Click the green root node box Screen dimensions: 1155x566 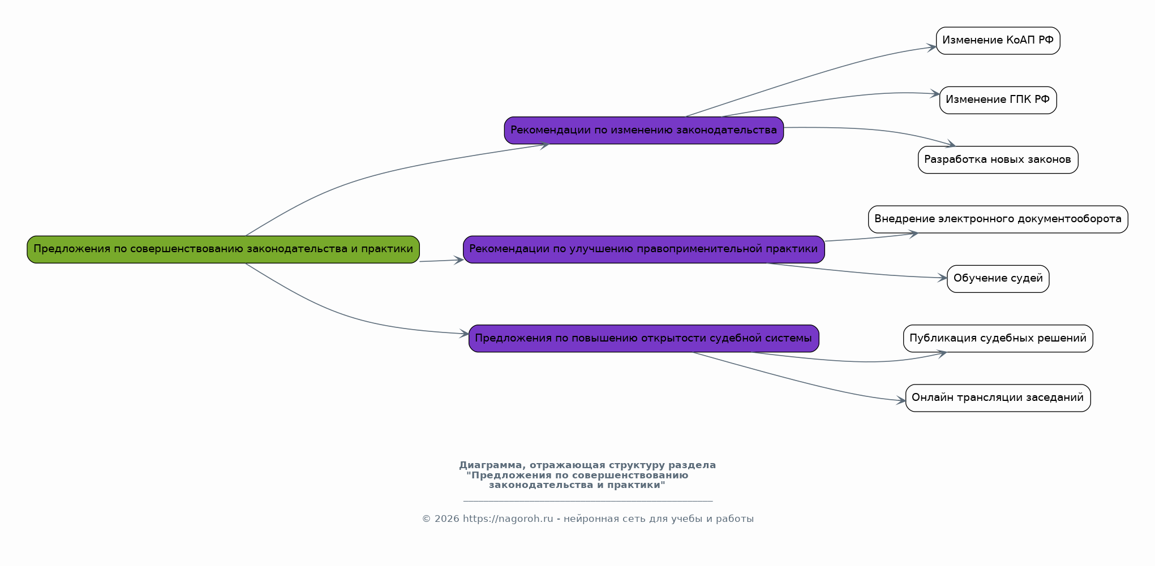point(223,249)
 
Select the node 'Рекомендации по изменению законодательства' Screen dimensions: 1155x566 point(644,131)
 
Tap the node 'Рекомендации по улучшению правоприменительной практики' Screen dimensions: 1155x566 point(644,249)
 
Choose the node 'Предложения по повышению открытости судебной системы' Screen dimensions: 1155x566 point(644,339)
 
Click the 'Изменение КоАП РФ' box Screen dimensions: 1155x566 point(998,41)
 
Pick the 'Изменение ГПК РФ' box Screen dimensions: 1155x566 point(998,100)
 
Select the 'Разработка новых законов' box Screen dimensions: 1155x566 point(998,160)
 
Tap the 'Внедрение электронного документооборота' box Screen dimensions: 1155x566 point(998,219)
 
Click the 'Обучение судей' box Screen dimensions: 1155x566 point(998,279)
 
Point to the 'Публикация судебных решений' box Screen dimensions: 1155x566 point(998,339)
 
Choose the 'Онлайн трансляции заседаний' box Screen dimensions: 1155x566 point(998,398)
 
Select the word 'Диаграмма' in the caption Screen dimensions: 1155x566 point(491,465)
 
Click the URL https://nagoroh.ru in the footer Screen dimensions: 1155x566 point(508,519)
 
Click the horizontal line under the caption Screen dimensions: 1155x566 point(588,501)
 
